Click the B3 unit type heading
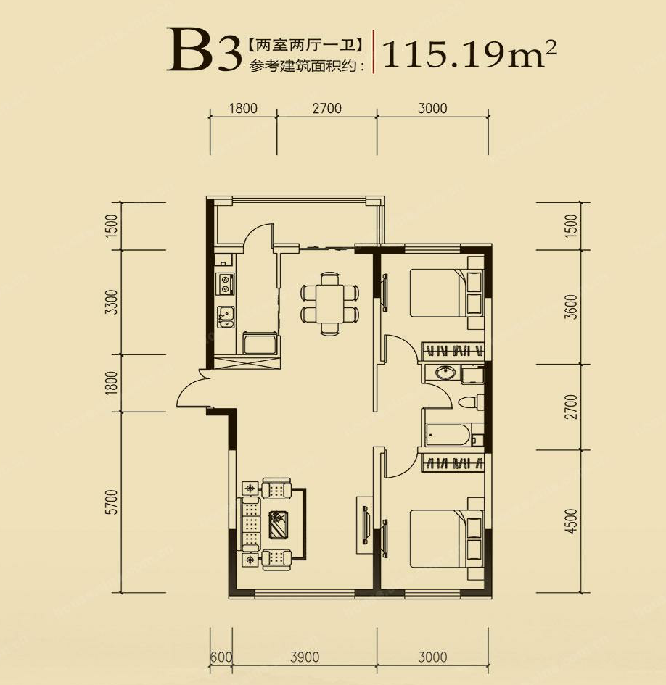(x=204, y=49)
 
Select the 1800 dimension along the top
(x=243, y=108)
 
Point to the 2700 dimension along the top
(x=327, y=108)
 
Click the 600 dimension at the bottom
(x=221, y=657)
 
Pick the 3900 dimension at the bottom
(x=305, y=657)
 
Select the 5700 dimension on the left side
(x=112, y=502)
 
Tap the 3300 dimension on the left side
(x=112, y=302)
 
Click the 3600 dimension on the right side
(x=571, y=307)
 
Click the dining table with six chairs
(x=329, y=304)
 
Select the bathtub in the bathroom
(x=448, y=435)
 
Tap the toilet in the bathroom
(x=469, y=402)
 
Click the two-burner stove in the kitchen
(x=226, y=283)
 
